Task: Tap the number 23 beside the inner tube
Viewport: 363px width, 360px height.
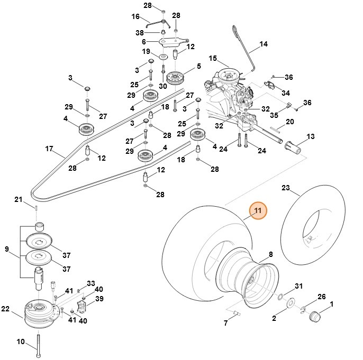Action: [286, 188]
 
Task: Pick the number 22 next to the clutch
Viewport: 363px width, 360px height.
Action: [5, 309]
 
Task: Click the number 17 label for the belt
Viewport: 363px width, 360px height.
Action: [49, 149]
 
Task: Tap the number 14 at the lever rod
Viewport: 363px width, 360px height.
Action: [264, 45]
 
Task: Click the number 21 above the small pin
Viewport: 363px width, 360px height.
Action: [19, 199]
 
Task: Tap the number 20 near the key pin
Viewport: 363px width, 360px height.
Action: [304, 122]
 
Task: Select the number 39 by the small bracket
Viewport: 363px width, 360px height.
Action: [99, 299]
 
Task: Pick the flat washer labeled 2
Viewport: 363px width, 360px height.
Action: [291, 303]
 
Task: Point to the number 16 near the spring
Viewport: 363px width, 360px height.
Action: [135, 16]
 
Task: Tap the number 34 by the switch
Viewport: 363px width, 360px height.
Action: [286, 93]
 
